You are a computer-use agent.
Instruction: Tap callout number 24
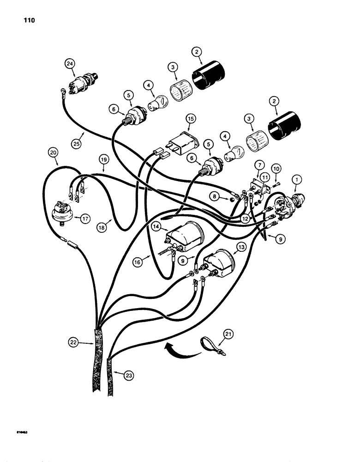(70, 65)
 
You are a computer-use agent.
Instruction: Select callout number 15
(191, 119)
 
